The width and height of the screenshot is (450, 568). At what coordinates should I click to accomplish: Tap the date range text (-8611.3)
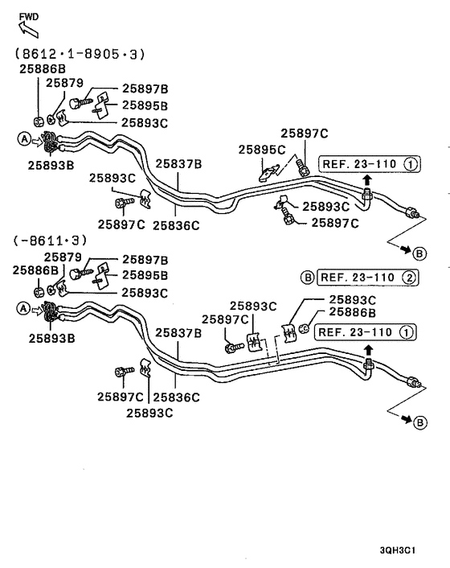click(x=62, y=241)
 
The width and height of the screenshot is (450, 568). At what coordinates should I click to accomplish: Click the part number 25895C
click(x=261, y=150)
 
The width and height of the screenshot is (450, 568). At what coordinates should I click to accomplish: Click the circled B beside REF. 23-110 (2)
click(x=307, y=278)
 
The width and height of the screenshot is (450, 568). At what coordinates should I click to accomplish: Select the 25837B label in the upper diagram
click(x=178, y=164)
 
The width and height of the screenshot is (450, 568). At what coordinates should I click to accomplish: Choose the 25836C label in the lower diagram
click(x=176, y=397)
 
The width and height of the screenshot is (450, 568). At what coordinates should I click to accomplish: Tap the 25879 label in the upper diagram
click(x=64, y=83)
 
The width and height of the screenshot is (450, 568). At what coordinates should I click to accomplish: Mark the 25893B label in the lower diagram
click(x=51, y=338)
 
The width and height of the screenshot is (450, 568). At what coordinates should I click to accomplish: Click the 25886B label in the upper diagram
click(x=43, y=69)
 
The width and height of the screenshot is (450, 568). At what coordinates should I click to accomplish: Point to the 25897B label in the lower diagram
click(x=145, y=260)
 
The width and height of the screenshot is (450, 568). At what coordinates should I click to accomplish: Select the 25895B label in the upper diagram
click(x=145, y=105)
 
